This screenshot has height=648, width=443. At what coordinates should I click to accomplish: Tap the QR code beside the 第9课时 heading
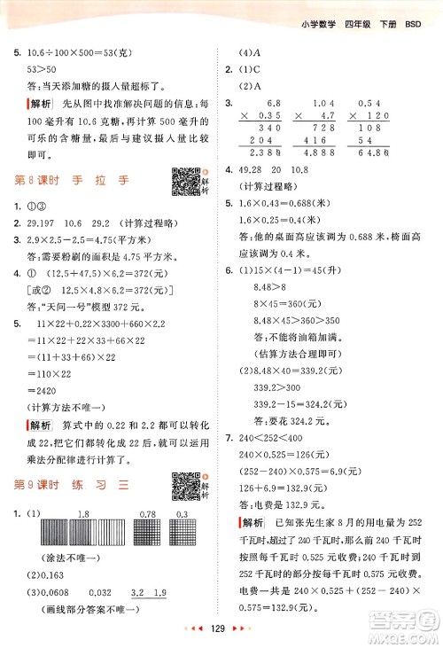click(184, 485)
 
